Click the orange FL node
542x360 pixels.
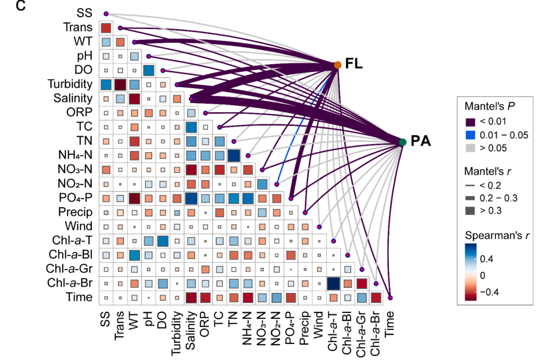(x=338, y=65)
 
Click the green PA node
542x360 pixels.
(x=402, y=142)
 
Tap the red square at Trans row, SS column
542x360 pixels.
(x=106, y=28)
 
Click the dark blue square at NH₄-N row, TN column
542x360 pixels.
(x=234, y=155)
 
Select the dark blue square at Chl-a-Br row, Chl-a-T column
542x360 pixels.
(x=333, y=283)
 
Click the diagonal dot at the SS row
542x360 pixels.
(x=106, y=14)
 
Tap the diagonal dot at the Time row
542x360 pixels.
(x=390, y=298)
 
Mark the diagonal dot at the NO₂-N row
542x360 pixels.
(x=277, y=184)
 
